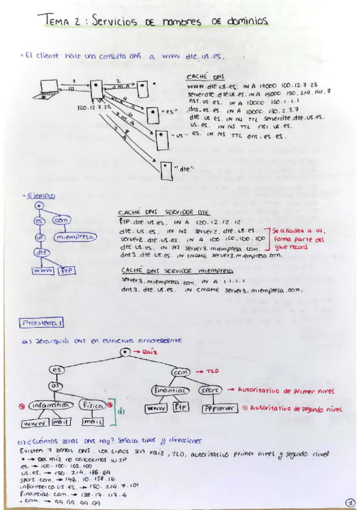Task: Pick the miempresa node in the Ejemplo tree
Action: tap(75, 237)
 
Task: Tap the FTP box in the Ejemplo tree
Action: tap(66, 271)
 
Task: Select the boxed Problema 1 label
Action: tap(41, 323)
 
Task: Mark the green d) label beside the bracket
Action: tap(120, 412)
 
